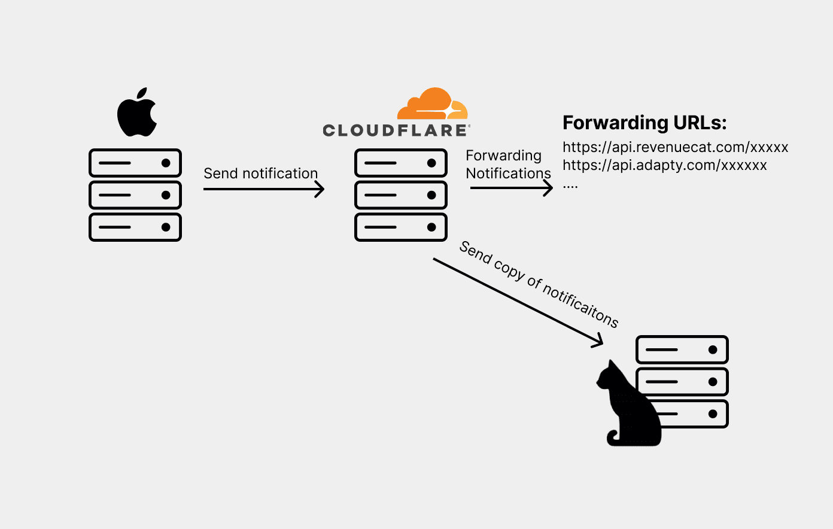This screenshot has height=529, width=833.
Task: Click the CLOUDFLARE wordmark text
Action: [x=396, y=130]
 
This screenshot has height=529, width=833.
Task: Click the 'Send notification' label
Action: [x=260, y=174]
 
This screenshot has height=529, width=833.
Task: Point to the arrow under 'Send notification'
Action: [x=263, y=189]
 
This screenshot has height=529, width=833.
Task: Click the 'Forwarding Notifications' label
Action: [x=507, y=165]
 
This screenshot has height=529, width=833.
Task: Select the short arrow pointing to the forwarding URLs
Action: [x=511, y=188]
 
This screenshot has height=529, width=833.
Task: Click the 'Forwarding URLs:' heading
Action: [x=644, y=123]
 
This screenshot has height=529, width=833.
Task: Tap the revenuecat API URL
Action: [x=675, y=147]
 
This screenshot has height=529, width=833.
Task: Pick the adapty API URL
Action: [x=664, y=165]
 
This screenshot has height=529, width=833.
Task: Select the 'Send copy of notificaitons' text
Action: [x=539, y=284]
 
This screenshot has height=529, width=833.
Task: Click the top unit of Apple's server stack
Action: [x=135, y=163]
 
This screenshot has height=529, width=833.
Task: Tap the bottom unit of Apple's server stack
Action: [x=135, y=227]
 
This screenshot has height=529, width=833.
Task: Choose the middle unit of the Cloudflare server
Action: [x=401, y=195]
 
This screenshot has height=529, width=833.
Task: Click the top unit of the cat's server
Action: [x=682, y=349]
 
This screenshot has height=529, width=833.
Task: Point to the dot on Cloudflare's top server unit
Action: [x=431, y=163]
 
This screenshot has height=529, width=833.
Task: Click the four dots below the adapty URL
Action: [x=570, y=187]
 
